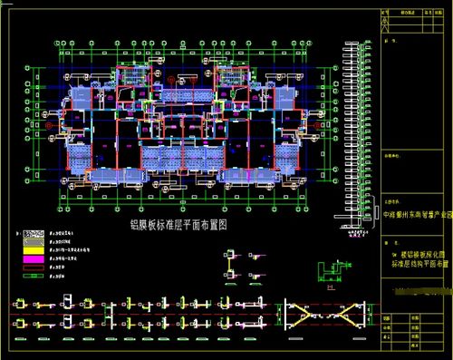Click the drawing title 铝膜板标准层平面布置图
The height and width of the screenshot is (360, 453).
[x=178, y=222]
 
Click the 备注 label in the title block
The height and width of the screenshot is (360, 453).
[x=391, y=41]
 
